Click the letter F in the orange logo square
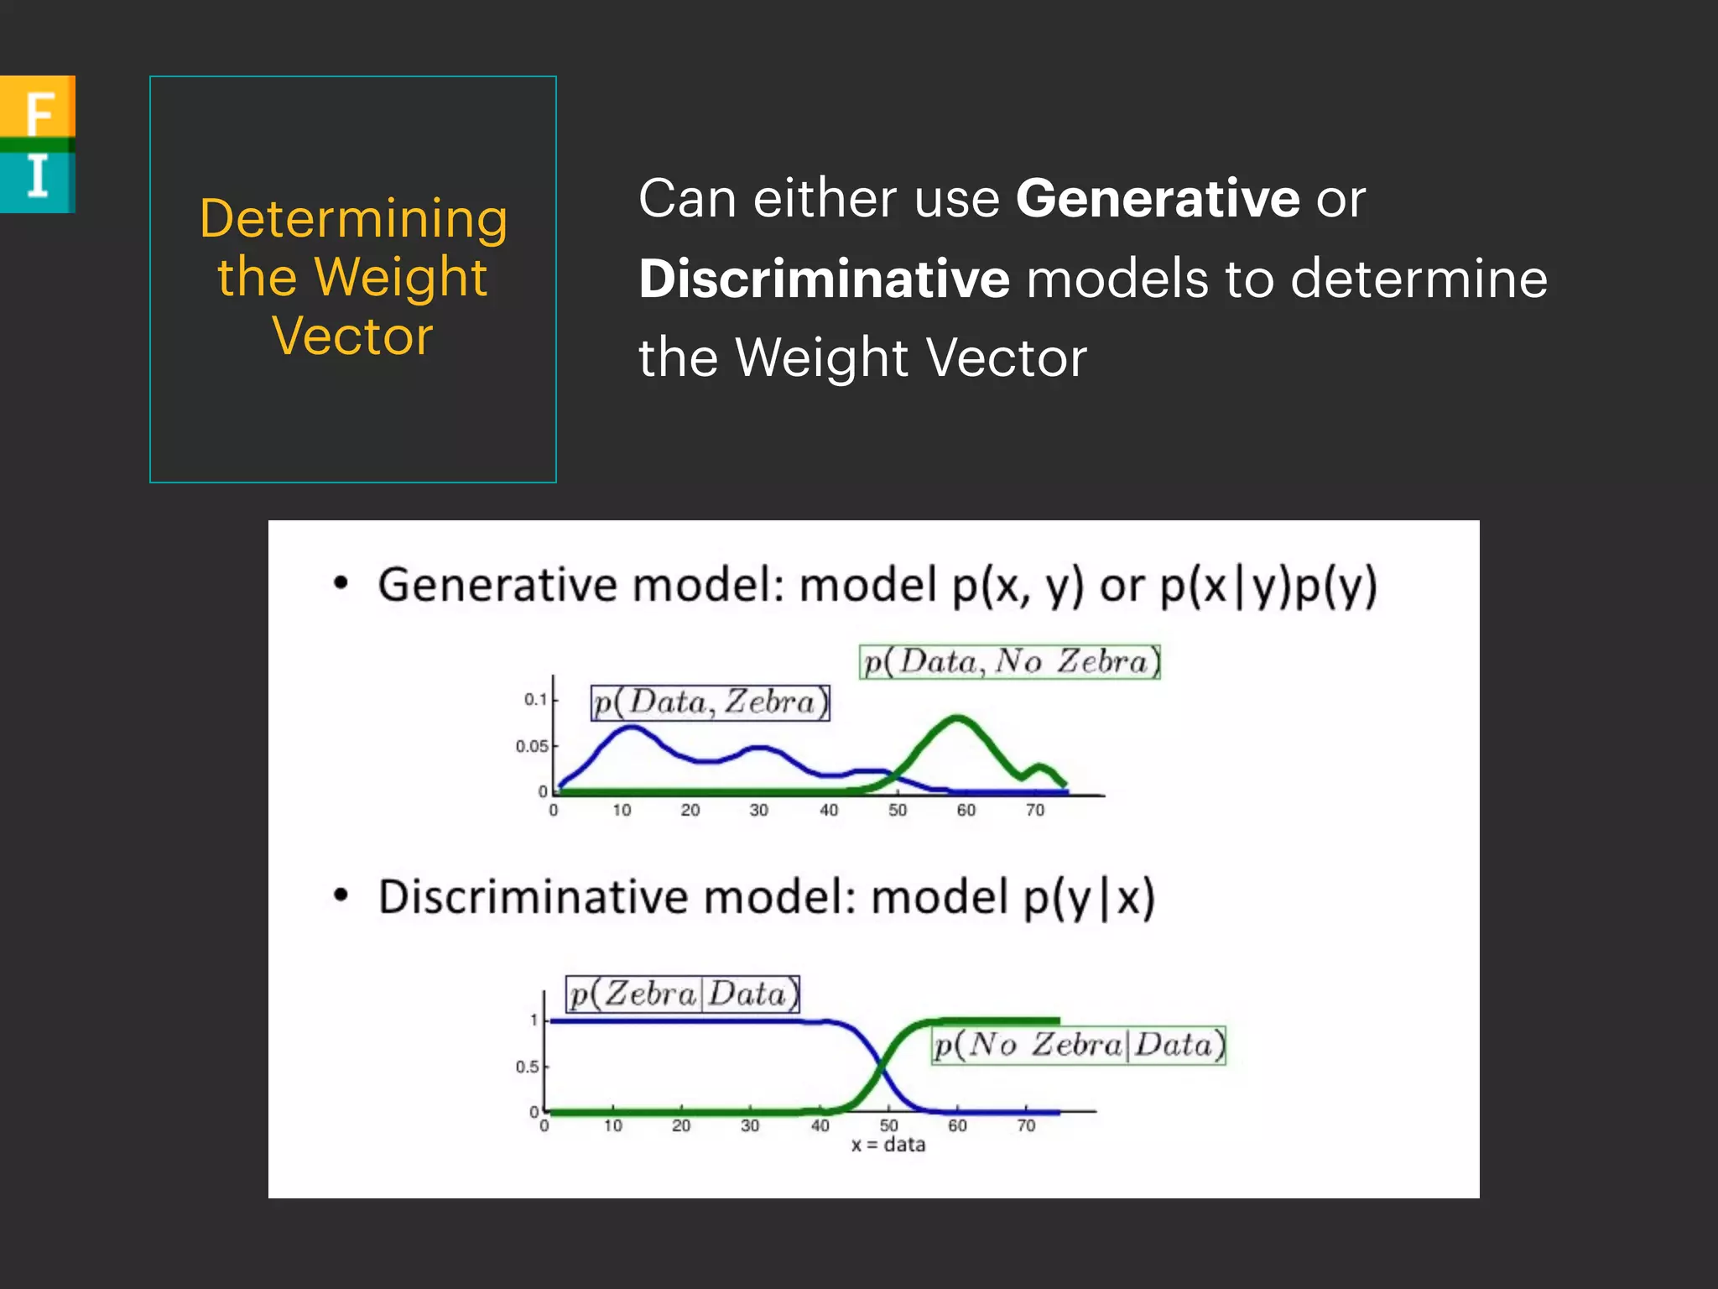point(39,112)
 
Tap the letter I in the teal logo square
point(38,177)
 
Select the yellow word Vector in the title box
point(353,336)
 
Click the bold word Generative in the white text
point(1158,199)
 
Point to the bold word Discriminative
point(824,279)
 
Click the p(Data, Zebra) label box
point(710,702)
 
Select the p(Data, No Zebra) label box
point(1010,661)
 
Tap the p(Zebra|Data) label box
point(683,994)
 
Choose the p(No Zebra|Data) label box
point(1079,1045)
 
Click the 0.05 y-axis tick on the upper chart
point(532,746)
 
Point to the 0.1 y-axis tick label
point(535,699)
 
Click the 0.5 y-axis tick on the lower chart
point(527,1067)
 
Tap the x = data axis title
point(888,1145)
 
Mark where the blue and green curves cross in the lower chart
point(881,1066)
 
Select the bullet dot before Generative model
point(341,583)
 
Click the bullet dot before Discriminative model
point(341,895)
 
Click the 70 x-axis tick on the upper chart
point(1035,810)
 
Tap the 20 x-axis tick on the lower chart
point(681,1125)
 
